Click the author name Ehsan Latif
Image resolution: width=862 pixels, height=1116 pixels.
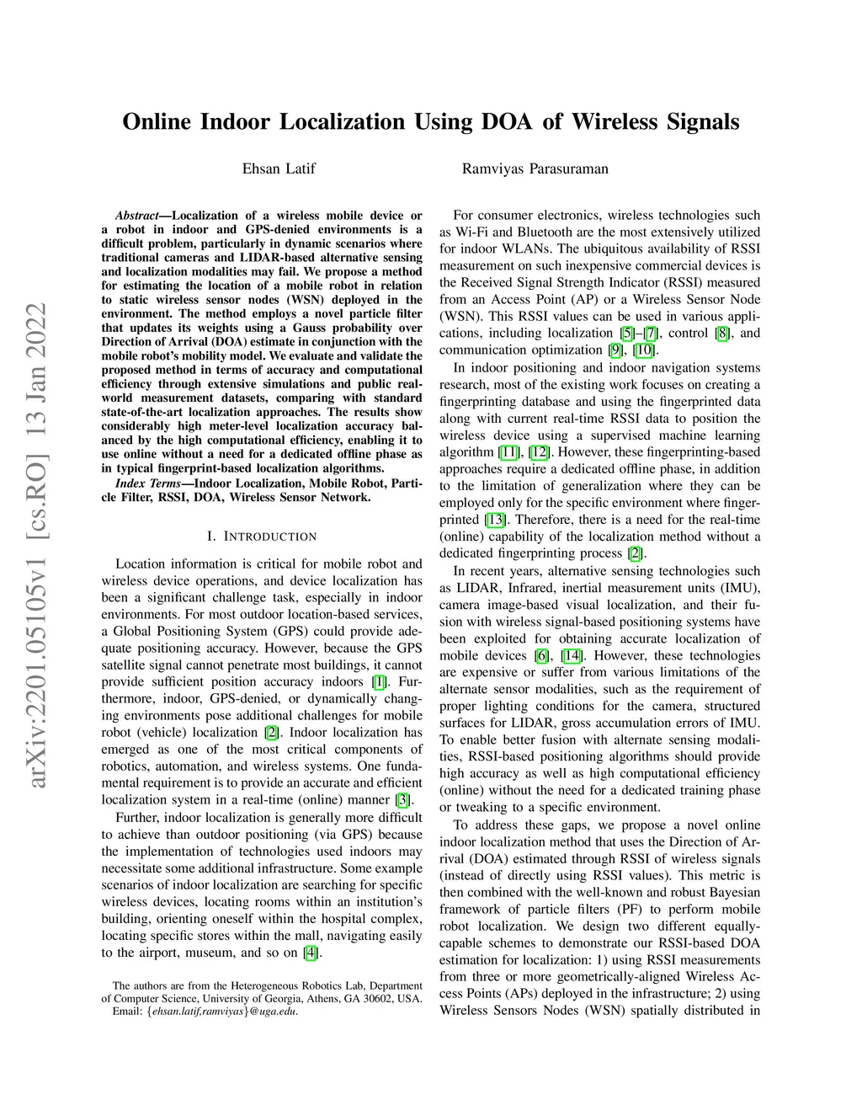tap(279, 168)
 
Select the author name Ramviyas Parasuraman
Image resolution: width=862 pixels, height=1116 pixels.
tap(535, 168)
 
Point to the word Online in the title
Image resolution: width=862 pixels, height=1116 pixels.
tap(157, 122)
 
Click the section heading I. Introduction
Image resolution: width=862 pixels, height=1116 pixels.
tap(262, 537)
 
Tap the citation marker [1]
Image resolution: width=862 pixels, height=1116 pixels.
tap(380, 682)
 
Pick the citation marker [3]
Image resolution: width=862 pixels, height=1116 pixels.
tap(403, 800)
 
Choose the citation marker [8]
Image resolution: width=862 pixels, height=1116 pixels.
tap(721, 334)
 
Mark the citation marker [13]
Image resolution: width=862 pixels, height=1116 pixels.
tap(494, 520)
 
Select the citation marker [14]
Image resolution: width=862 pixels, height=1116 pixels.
tap(572, 655)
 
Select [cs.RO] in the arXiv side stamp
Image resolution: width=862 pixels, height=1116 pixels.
tap(39, 506)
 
